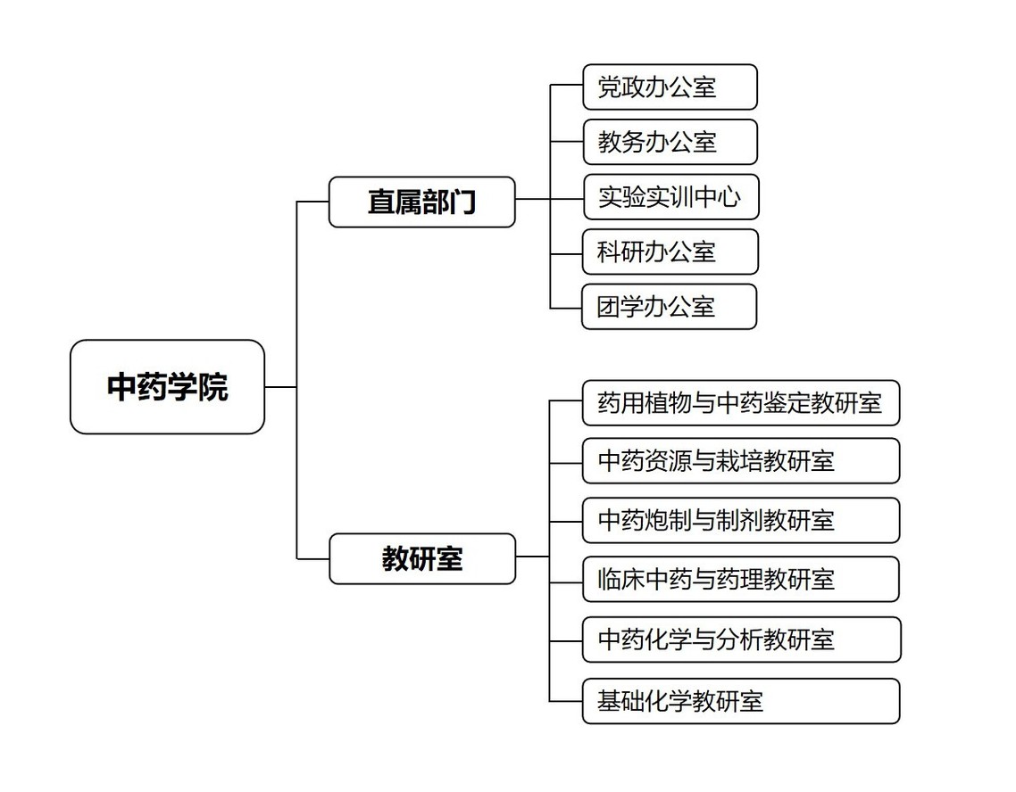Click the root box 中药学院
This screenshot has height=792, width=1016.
tap(167, 387)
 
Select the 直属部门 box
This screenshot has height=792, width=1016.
tap(421, 202)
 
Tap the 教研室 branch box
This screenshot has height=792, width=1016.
tap(422, 559)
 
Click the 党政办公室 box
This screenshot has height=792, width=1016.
tap(670, 87)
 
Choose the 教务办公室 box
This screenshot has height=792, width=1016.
tap(670, 142)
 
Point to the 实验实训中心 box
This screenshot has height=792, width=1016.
tap(670, 197)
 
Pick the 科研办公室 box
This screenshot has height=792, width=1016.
tap(670, 252)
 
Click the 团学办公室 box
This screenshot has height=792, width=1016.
tap(670, 307)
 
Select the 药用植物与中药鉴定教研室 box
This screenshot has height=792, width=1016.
tap(741, 403)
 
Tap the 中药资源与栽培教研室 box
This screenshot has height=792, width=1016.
tap(741, 461)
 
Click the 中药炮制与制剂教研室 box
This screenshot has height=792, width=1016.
tap(741, 520)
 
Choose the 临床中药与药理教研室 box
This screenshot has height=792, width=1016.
tap(741, 579)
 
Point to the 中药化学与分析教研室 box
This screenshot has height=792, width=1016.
tap(742, 639)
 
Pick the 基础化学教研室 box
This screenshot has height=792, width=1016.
tap(741, 701)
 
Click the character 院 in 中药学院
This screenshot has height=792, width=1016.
tap(213, 387)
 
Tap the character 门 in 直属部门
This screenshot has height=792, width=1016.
tap(462, 202)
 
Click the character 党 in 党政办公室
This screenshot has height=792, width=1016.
tap(609, 87)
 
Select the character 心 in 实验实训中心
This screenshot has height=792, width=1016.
tap(729, 197)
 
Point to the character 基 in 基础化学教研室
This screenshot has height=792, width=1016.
tap(609, 701)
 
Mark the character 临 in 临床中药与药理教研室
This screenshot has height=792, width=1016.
tap(609, 579)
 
